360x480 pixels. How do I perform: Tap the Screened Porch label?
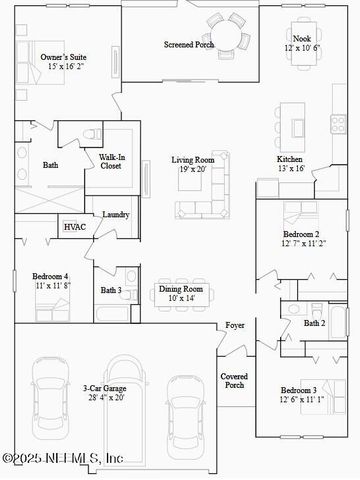tap(189, 45)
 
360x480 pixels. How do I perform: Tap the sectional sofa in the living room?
tap(203, 196)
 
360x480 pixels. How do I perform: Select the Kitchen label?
tap(291, 159)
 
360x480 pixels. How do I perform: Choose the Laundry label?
tap(116, 215)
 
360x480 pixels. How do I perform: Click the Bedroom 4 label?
tap(50, 275)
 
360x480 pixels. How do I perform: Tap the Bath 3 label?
tap(110, 291)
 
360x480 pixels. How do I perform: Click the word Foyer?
tap(235, 325)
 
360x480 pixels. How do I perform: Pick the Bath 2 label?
tap(313, 323)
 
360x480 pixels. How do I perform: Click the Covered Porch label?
tap(235, 380)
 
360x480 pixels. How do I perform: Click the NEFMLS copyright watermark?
tap(62, 458)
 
